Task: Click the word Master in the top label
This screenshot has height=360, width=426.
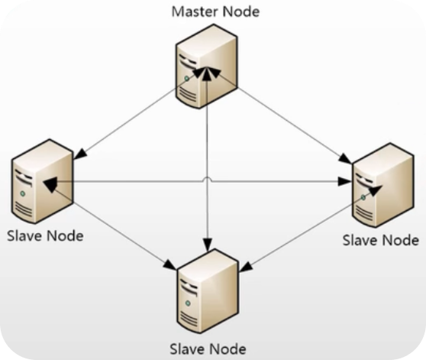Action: tap(195, 11)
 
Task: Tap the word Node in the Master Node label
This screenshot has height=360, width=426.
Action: tap(241, 11)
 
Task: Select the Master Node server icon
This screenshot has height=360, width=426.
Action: tap(206, 66)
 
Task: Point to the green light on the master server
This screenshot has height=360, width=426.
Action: tap(186, 79)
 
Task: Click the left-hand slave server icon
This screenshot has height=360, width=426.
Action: tap(42, 181)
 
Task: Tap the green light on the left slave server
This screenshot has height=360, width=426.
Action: tap(23, 193)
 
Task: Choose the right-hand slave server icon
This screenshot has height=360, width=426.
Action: tap(383, 185)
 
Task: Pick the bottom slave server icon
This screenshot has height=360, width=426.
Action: tap(208, 291)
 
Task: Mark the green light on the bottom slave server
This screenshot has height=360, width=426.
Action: tap(188, 303)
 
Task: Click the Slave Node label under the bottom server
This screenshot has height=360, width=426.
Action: tap(208, 349)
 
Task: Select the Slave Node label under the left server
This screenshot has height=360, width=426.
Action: tap(45, 235)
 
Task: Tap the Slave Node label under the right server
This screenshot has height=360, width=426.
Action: tap(381, 240)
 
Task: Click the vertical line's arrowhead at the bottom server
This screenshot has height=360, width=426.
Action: tap(208, 245)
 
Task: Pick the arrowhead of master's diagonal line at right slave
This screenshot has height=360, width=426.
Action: tap(345, 159)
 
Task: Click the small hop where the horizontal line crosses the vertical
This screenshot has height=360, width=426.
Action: tap(208, 179)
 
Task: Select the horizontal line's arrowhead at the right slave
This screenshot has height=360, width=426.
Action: tap(344, 181)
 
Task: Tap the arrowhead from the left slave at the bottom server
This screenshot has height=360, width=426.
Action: tap(170, 265)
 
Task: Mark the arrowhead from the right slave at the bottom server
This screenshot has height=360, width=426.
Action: tap(246, 267)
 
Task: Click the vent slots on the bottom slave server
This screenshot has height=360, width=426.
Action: tap(189, 319)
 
